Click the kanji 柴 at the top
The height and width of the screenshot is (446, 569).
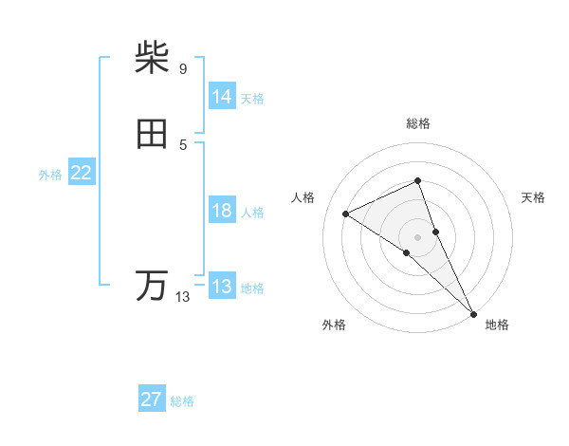click(153, 58)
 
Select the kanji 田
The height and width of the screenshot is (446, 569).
click(153, 134)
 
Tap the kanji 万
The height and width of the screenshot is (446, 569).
click(153, 286)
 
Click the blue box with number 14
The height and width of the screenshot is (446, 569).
click(222, 97)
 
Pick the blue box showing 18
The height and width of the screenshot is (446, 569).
click(222, 211)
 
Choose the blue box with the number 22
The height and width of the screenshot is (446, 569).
click(82, 173)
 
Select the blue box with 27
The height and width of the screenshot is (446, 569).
click(152, 400)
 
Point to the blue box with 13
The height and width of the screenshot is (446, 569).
click(222, 287)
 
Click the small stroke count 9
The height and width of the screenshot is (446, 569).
click(182, 69)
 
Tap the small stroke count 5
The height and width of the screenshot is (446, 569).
click(182, 144)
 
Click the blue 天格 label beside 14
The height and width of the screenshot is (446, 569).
click(252, 99)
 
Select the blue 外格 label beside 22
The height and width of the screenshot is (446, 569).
click(50, 175)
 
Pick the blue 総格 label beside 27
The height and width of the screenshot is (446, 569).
click(182, 401)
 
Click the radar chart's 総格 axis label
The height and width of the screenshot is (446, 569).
click(418, 123)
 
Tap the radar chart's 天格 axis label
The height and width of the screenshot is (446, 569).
click(534, 197)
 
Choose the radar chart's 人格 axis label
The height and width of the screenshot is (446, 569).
click(303, 197)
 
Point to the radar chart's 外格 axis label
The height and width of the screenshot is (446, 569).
click(333, 325)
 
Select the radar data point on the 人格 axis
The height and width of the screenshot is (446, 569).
click(346, 214)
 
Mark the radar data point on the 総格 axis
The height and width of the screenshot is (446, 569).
click(418, 180)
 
